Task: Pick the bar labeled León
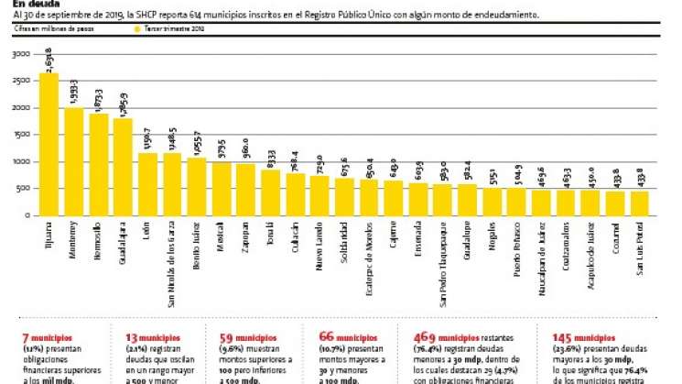(x=148, y=184)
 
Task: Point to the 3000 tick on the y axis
(x=21, y=54)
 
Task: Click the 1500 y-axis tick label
(x=21, y=135)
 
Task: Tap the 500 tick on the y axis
(x=24, y=189)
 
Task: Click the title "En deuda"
(x=33, y=4)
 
